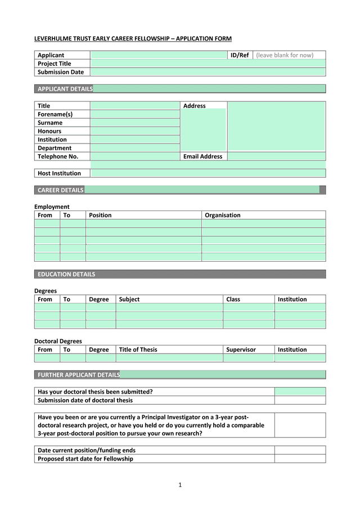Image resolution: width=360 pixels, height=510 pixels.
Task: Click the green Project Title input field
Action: pos(208,64)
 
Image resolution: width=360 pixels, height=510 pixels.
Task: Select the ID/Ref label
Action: pos(240,55)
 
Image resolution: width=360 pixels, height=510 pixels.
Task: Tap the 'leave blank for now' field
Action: pos(289,55)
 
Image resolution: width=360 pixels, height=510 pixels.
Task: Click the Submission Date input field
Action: pos(208,72)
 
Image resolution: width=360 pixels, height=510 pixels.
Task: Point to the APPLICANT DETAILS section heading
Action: pos(65,89)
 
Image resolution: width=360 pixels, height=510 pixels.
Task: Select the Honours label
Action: pos(49,131)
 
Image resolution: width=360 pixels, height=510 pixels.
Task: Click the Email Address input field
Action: pos(276,156)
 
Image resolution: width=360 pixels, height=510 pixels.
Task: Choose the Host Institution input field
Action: pos(208,173)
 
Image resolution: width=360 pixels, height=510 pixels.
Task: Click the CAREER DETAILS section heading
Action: pos(60,190)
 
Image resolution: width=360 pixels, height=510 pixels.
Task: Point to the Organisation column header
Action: pos(222,215)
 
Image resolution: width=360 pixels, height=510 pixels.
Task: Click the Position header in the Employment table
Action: pos(100,215)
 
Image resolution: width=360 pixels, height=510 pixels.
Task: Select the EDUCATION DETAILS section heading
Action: pos(66,275)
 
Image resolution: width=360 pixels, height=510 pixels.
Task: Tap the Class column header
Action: pos(233,299)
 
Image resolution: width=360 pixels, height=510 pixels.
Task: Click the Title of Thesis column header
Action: pos(138,350)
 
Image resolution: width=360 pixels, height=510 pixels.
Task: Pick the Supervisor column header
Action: pos(241,350)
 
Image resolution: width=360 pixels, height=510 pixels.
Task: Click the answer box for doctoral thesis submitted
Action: pos(300,392)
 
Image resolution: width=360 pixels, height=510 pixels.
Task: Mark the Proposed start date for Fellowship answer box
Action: pos(300,459)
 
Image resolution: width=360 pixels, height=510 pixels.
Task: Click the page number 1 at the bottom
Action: pos(180,485)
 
